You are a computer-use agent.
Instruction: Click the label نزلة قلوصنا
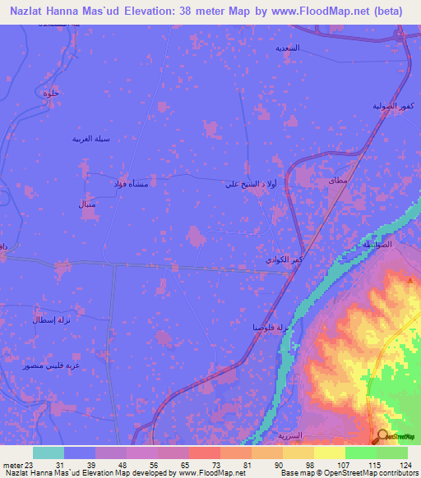point(271,327)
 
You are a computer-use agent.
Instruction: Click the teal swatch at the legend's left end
point(48,453)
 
